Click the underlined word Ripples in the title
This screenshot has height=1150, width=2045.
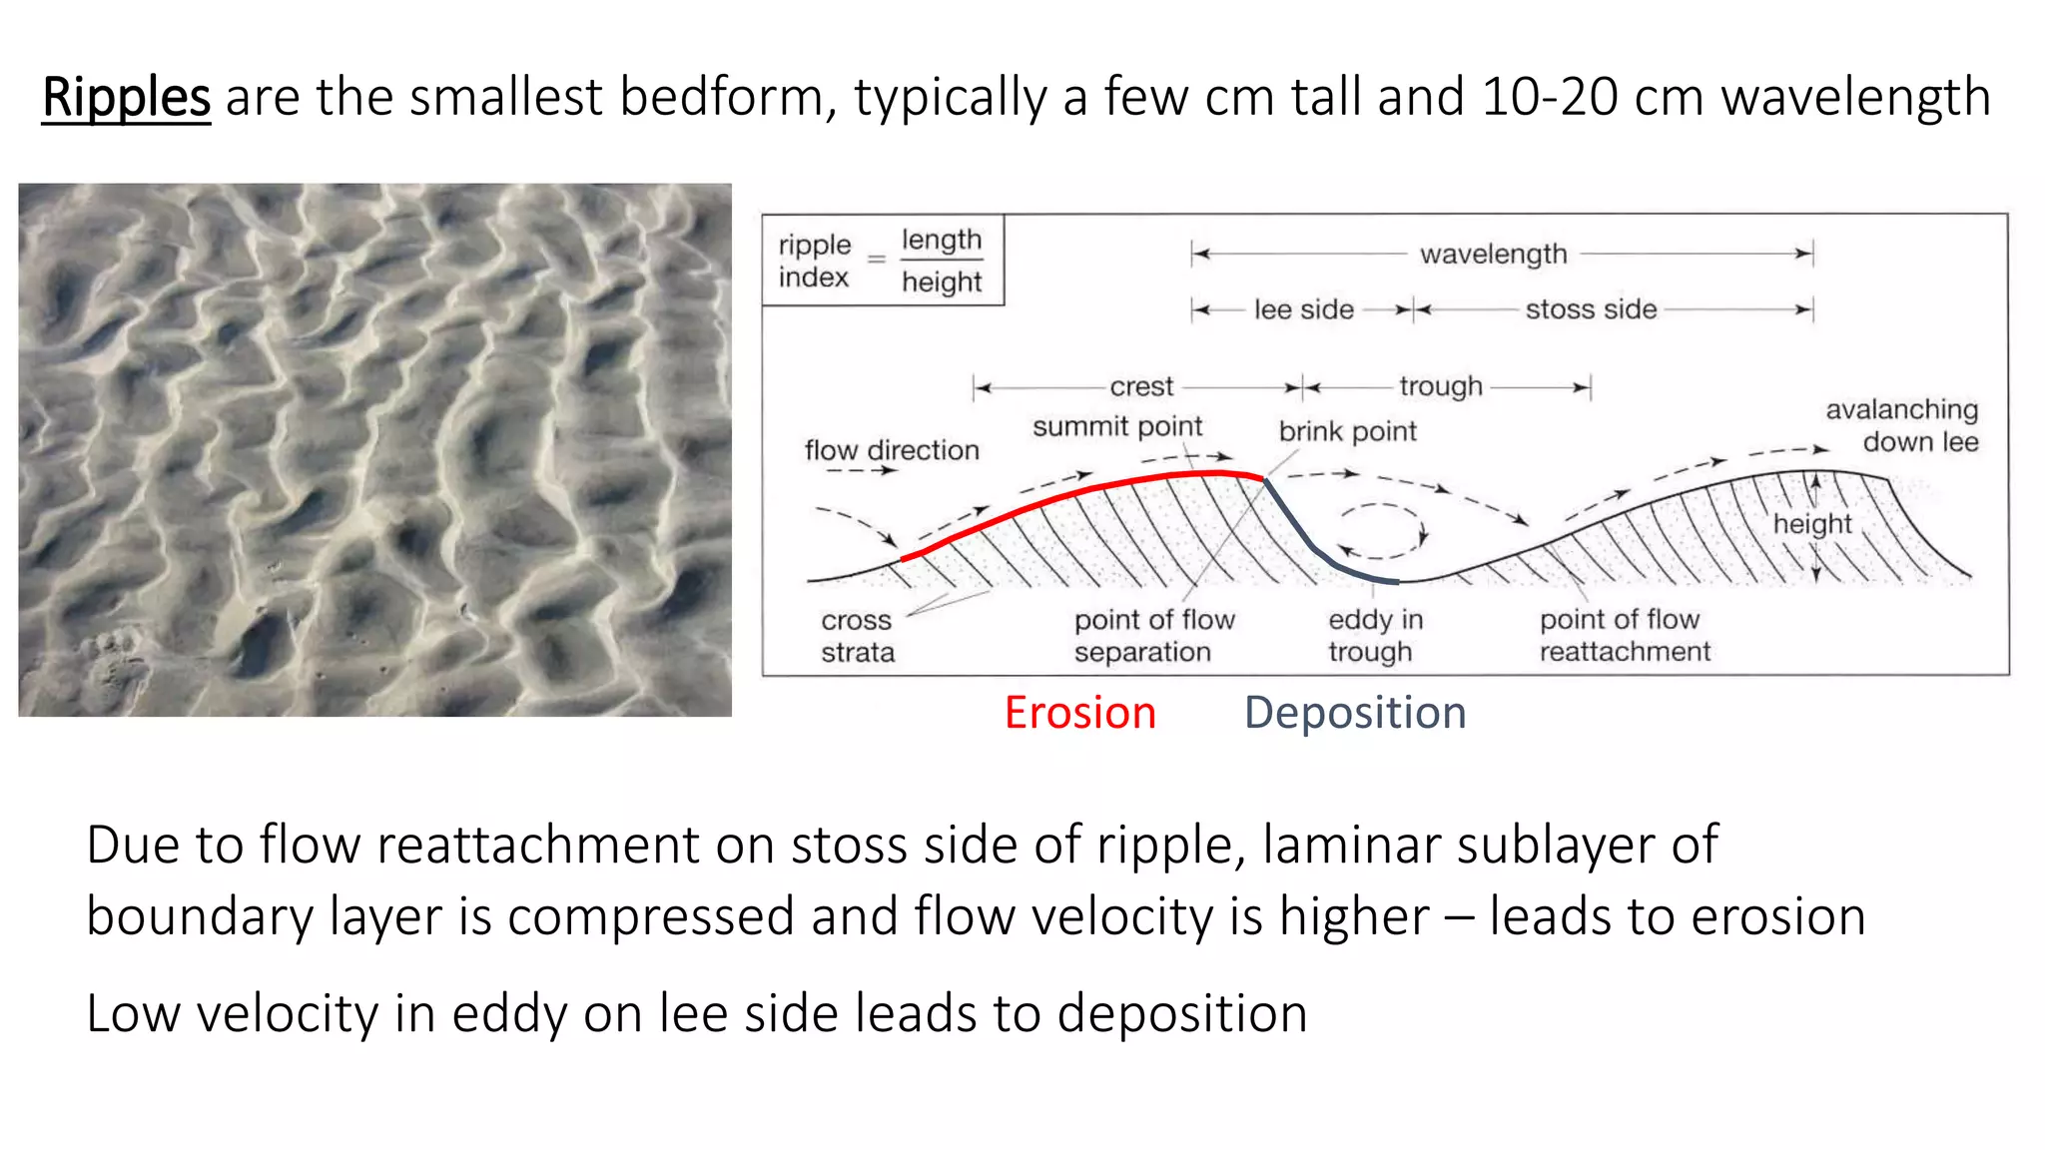(126, 98)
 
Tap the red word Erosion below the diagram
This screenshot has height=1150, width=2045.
(1080, 713)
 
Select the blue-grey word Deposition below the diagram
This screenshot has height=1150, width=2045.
(1355, 713)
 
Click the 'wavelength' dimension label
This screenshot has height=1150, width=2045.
(1494, 255)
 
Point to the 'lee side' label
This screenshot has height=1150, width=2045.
(1304, 310)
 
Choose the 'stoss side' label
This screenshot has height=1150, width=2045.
(1591, 310)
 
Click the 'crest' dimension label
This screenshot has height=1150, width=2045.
(1141, 386)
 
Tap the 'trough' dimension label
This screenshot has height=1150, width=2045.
(1441, 386)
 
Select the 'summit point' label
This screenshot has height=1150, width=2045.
(1117, 427)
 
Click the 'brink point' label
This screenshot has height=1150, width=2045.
(1347, 431)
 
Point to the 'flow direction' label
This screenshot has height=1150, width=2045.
(892, 450)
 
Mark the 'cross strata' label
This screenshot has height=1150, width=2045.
(858, 636)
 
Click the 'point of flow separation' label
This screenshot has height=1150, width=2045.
(1154, 636)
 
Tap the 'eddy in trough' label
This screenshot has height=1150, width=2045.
(1375, 636)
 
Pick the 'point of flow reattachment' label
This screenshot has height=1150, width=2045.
(1625, 636)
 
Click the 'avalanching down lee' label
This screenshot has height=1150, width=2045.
(1902, 425)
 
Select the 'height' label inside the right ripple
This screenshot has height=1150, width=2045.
(1812, 524)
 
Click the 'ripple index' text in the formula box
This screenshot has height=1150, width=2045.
(815, 261)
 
